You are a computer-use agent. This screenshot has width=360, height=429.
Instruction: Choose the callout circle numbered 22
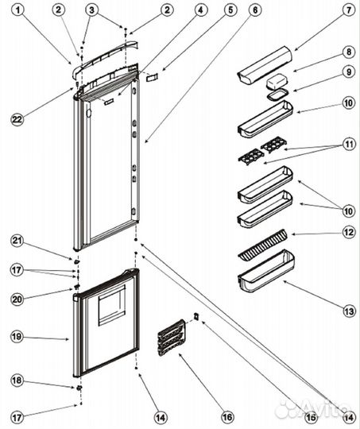tap(17, 119)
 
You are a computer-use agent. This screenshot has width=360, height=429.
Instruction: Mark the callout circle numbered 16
tap(226, 415)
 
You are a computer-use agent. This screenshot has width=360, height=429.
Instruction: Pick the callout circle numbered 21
tap(17, 240)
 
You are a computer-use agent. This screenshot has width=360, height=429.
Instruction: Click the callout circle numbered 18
tap(17, 381)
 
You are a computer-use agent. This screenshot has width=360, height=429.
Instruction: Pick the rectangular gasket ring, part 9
tap(276, 97)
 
